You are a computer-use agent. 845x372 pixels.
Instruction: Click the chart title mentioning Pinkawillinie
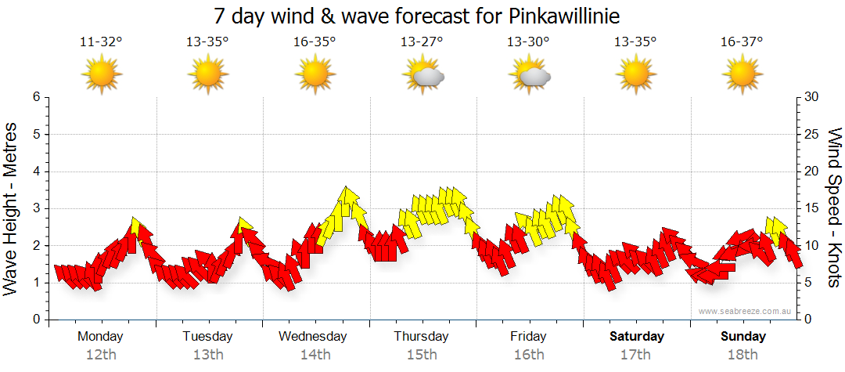[x=422, y=16]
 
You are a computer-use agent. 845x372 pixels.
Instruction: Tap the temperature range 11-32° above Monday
[x=101, y=42]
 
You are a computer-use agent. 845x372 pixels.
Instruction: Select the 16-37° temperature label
[x=743, y=42]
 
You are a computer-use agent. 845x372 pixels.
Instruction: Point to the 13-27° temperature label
[x=422, y=42]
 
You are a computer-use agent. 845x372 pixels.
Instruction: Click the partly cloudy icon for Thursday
[x=423, y=76]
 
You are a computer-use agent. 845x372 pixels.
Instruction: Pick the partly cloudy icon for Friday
[x=530, y=76]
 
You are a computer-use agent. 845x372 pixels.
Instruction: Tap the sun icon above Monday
[x=102, y=76]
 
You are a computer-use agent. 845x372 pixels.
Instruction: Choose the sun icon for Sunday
[x=743, y=76]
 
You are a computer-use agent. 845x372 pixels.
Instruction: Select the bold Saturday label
[x=636, y=336]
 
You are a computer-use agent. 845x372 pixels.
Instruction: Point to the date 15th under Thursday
[x=422, y=354]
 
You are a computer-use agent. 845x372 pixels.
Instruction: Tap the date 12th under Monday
[x=101, y=354]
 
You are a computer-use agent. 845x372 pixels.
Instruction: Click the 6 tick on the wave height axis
[x=36, y=97]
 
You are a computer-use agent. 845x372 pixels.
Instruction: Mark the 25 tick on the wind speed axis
[x=812, y=134]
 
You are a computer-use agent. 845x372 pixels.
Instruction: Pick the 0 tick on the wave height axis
[x=36, y=320]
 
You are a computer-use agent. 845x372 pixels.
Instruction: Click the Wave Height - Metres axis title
[x=12, y=208]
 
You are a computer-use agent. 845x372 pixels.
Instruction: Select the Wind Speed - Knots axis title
[x=834, y=208]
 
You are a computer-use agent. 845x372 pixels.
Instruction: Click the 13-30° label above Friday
[x=529, y=42]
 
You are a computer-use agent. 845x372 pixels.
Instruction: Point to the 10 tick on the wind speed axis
[x=812, y=245]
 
